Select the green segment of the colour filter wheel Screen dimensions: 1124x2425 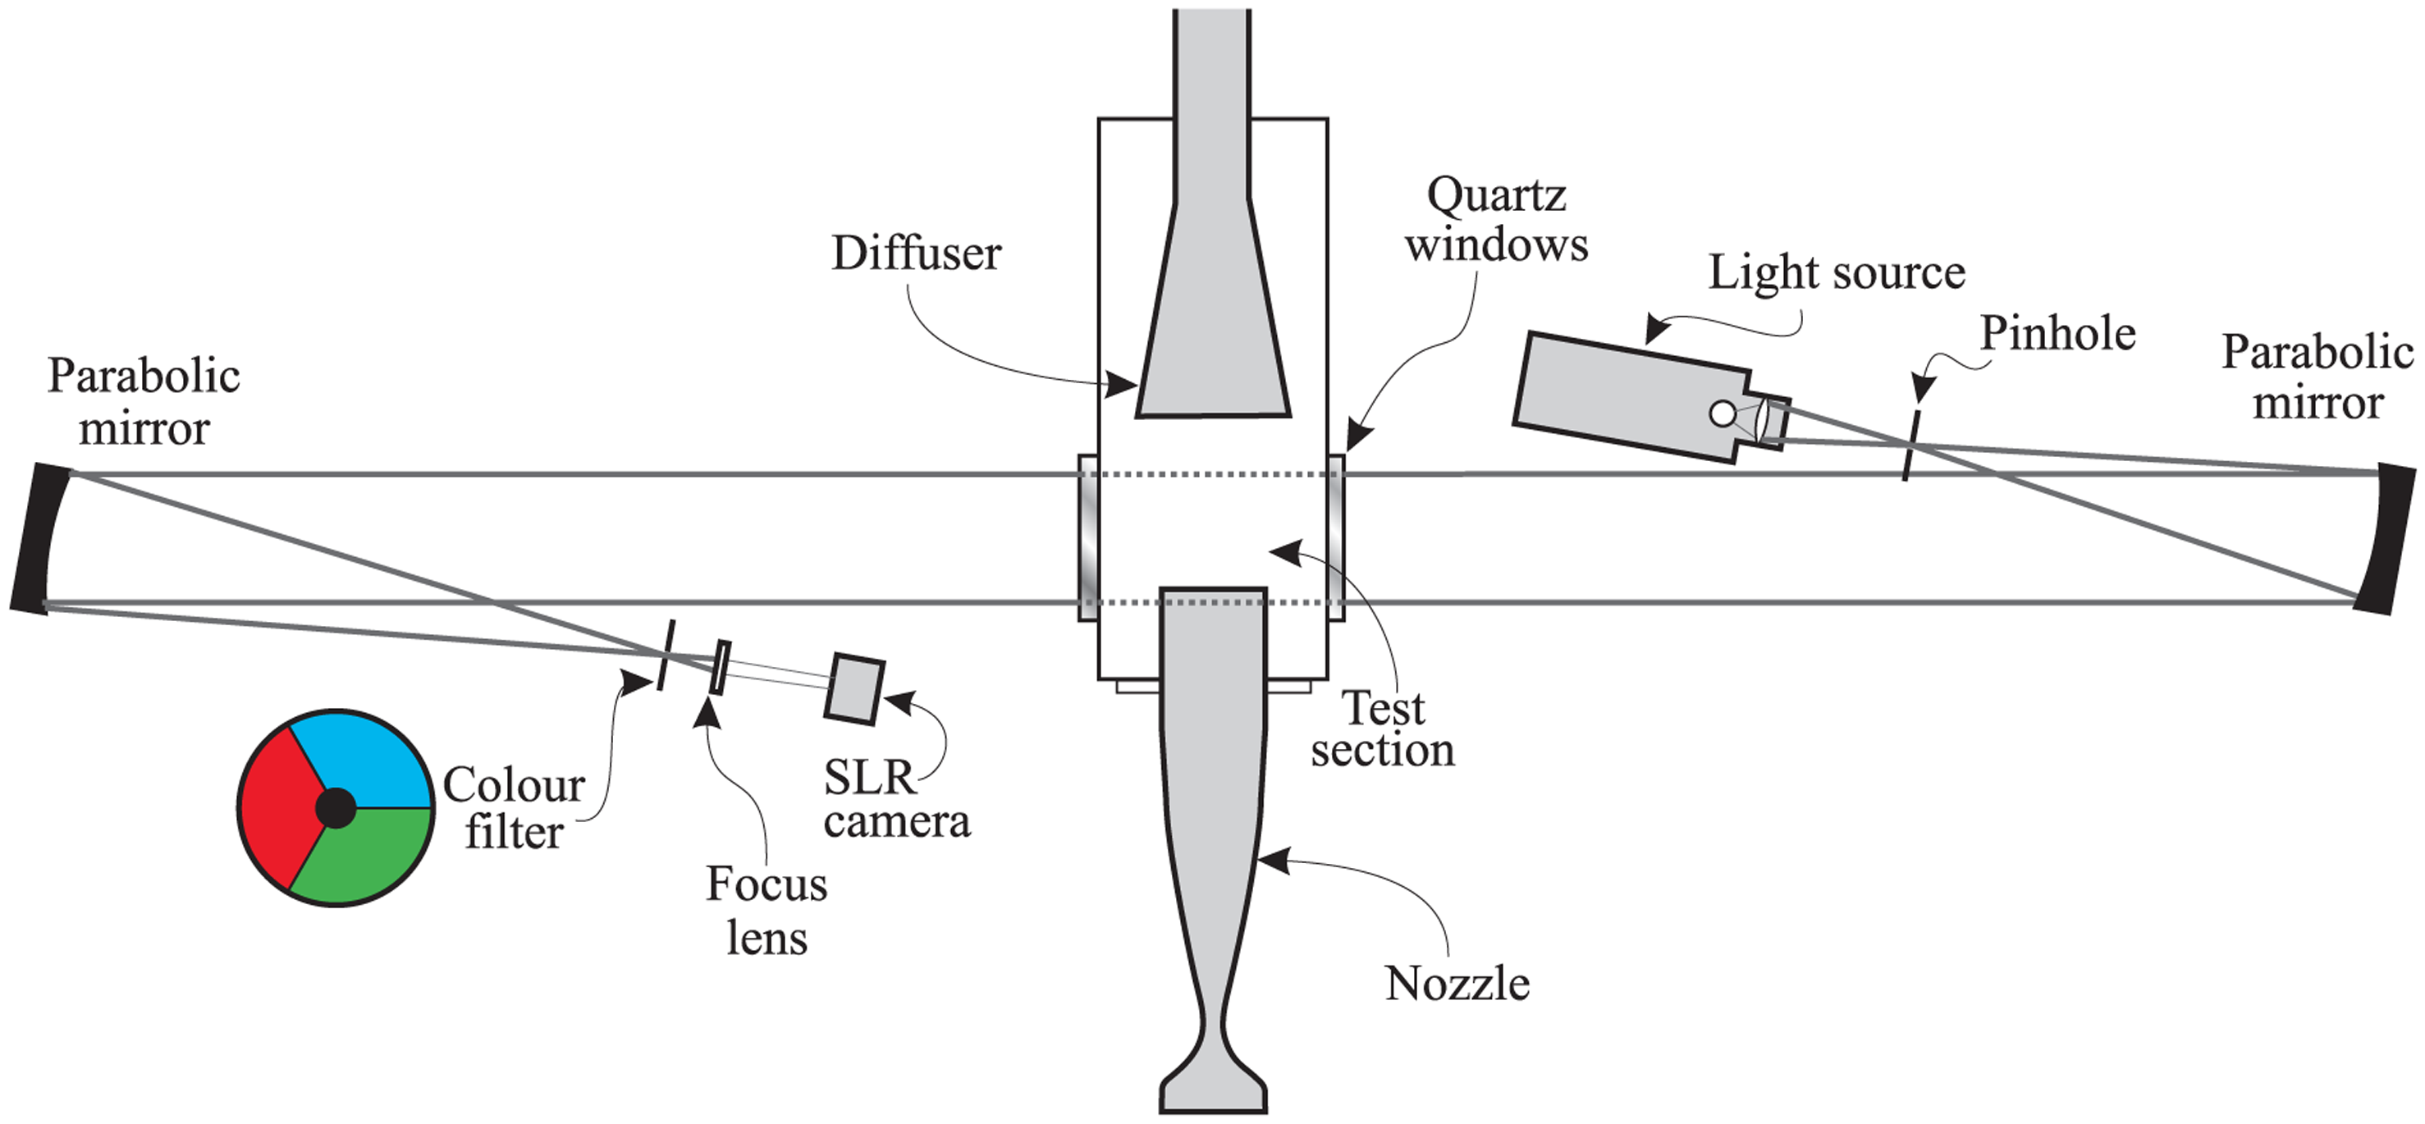tap(363, 857)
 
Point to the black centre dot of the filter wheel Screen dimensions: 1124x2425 tap(335, 807)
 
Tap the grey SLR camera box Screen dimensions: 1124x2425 tap(853, 688)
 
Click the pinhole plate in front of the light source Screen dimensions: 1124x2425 tap(1911, 445)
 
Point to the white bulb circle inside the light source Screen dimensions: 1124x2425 tap(1722, 414)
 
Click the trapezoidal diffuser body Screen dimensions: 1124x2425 tap(1213, 320)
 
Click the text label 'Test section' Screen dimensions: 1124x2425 tap(1382, 729)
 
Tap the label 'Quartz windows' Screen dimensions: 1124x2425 tap(1497, 220)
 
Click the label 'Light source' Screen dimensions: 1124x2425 tap(1836, 273)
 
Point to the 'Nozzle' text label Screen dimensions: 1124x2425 tap(1457, 984)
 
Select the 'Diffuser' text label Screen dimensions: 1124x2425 tap(916, 254)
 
